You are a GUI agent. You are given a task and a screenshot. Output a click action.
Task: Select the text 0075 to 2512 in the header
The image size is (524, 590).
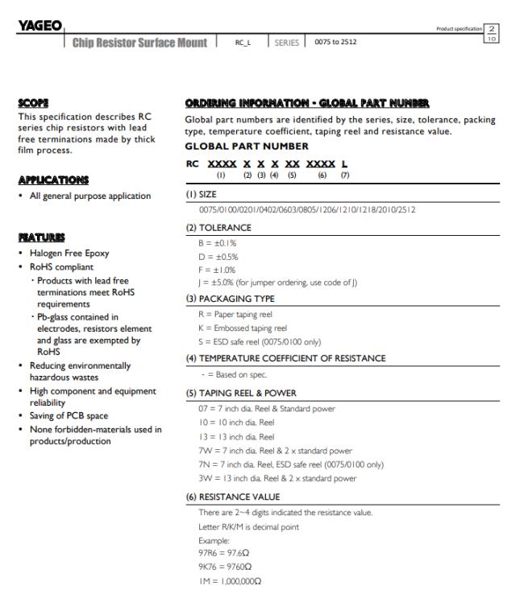coord(333,42)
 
